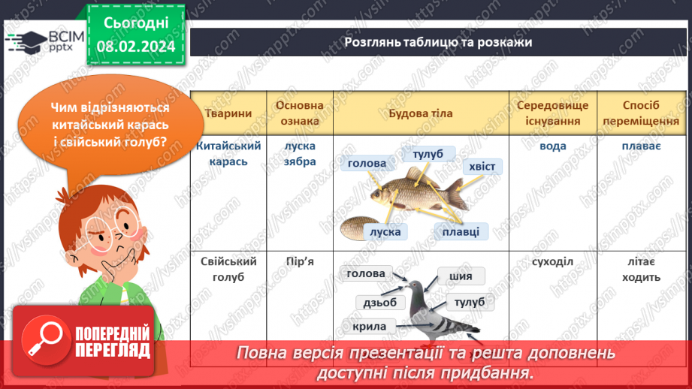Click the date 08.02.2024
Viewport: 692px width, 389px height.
click(x=135, y=46)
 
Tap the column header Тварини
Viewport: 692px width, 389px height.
click(x=228, y=113)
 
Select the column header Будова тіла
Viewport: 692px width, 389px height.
click(x=420, y=113)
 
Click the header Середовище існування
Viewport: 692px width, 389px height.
click(x=552, y=113)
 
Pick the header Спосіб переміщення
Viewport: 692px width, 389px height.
click(x=641, y=113)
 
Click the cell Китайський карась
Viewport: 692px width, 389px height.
click(x=228, y=153)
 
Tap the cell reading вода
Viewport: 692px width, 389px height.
click(x=552, y=146)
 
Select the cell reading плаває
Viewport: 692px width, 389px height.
click(x=641, y=146)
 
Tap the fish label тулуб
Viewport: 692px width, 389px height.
click(x=428, y=155)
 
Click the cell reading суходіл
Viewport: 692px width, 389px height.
click(x=552, y=261)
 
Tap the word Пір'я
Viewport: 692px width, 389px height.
click(x=300, y=261)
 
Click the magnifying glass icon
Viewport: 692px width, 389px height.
click(x=43, y=339)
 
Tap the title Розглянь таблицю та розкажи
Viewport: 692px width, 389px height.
click(x=438, y=42)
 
